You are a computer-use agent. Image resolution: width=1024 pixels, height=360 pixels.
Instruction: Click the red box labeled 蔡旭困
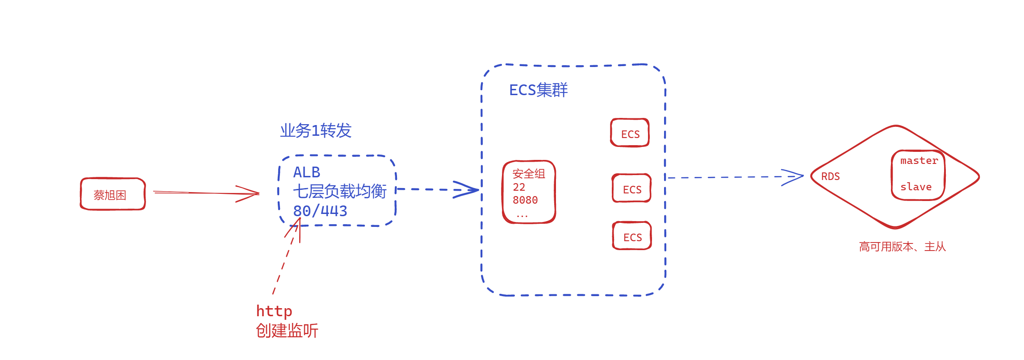113,194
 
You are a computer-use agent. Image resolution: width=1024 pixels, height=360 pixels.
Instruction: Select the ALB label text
306,172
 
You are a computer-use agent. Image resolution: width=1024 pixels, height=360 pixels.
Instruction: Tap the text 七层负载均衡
339,192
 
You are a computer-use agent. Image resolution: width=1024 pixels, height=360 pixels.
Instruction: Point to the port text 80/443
320,211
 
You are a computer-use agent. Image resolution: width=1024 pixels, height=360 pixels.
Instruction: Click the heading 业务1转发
316,131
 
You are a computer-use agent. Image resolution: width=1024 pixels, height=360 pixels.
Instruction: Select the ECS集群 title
538,90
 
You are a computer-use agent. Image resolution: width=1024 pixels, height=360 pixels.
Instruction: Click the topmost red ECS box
630,133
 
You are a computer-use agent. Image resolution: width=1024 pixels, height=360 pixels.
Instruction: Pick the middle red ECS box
631,188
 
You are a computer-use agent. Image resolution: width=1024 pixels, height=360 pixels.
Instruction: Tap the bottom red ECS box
632,236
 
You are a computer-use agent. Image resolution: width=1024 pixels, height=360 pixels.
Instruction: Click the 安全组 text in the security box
529,174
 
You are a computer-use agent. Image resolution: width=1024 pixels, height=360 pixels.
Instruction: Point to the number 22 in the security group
519,187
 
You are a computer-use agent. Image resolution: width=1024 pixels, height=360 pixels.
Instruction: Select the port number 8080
525,200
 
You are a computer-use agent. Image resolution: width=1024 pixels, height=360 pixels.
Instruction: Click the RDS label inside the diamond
830,177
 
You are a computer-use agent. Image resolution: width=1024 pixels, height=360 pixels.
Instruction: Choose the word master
919,161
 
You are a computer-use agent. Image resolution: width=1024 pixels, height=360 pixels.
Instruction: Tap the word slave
916,187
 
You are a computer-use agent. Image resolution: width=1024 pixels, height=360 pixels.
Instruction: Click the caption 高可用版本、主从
902,247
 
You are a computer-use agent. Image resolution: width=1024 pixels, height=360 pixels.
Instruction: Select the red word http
274,311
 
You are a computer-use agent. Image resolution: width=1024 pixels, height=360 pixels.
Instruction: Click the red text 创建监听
287,331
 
